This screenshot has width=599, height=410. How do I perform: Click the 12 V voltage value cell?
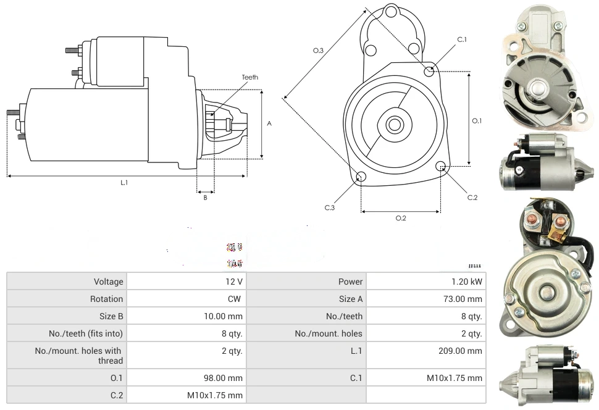234,282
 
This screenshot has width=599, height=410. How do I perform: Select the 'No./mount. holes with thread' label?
79,356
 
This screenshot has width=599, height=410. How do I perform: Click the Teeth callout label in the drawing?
250,77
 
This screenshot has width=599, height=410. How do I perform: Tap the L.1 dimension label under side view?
124,182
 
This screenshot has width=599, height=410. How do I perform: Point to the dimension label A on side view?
269,123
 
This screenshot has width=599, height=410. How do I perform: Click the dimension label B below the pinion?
205,198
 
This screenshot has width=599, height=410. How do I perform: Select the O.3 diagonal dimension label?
319,51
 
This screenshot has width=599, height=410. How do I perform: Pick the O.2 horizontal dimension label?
400,218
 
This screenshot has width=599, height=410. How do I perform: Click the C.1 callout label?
462,40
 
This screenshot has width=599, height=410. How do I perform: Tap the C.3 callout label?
330,208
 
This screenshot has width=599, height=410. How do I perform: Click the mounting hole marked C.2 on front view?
441,166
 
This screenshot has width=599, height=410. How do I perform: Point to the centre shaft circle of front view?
393,125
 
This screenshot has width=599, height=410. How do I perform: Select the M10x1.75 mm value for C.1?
454,378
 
